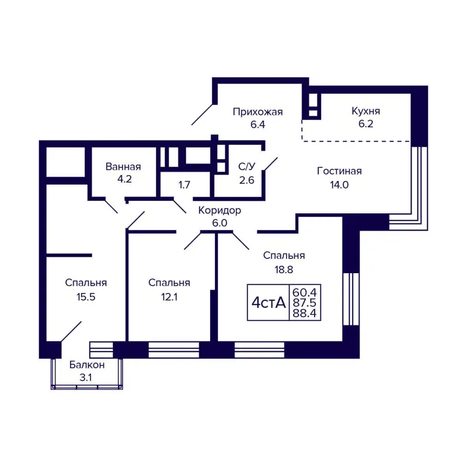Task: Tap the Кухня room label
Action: [366, 111]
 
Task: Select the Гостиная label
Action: [339, 171]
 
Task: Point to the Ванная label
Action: [123, 166]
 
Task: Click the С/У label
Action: [246, 166]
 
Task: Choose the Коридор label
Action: [219, 210]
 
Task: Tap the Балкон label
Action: [86, 365]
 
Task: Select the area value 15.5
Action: [86, 297]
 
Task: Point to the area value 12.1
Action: [169, 297]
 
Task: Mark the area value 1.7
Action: [184, 185]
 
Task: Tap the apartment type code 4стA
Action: [269, 302]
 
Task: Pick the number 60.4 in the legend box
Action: [308, 291]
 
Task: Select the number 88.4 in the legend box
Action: [308, 314]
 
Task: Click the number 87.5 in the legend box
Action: [308, 302]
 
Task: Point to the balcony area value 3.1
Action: [86, 378]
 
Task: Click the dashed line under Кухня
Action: [356, 141]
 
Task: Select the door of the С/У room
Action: [270, 164]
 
